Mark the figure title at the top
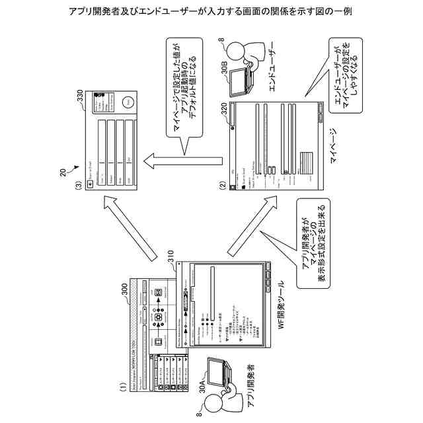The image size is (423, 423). click(211, 12)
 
